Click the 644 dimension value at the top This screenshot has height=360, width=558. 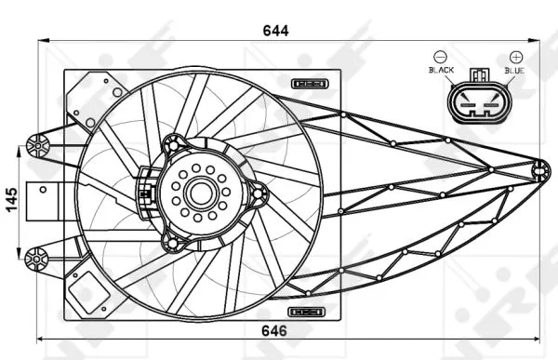pos(274,30)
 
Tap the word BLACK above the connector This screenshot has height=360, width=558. pos(440,71)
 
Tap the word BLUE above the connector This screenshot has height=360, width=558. pos(514,71)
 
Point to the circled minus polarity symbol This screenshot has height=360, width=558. pos(440,57)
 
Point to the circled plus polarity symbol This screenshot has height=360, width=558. pos(515,57)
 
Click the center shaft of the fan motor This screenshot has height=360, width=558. pos(199,193)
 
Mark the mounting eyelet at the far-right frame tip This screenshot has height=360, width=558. pos(539,168)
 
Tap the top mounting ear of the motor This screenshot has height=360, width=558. pos(173,144)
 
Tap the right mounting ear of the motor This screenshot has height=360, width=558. pos(259,194)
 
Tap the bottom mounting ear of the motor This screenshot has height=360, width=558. pos(172,243)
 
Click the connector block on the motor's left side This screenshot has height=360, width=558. pos(145,191)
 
